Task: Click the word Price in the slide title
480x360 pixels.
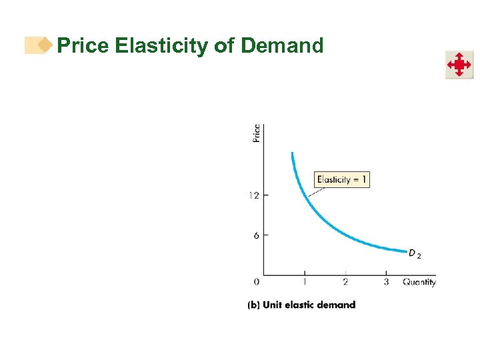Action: pyautogui.click(x=83, y=46)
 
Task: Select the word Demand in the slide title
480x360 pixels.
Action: pyautogui.click(x=282, y=46)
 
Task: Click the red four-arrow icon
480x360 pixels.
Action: pyautogui.click(x=459, y=65)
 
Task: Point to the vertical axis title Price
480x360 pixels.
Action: pyautogui.click(x=257, y=133)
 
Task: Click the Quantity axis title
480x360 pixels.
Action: pyautogui.click(x=419, y=282)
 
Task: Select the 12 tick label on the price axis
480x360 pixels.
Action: pyautogui.click(x=254, y=195)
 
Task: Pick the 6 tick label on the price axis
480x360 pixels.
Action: pyautogui.click(x=256, y=235)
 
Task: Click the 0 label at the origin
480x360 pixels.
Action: pyautogui.click(x=257, y=282)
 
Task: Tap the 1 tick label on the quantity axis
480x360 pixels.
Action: pyautogui.click(x=305, y=282)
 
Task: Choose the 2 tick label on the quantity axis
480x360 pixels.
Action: pyautogui.click(x=345, y=282)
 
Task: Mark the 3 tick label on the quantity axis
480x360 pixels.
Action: pyautogui.click(x=386, y=282)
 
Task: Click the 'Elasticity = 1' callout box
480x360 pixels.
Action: pyautogui.click(x=341, y=179)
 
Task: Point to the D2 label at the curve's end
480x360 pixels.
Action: pyautogui.click(x=415, y=254)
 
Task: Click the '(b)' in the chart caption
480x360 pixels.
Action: pyautogui.click(x=253, y=305)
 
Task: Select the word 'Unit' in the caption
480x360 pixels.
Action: pyautogui.click(x=272, y=305)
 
